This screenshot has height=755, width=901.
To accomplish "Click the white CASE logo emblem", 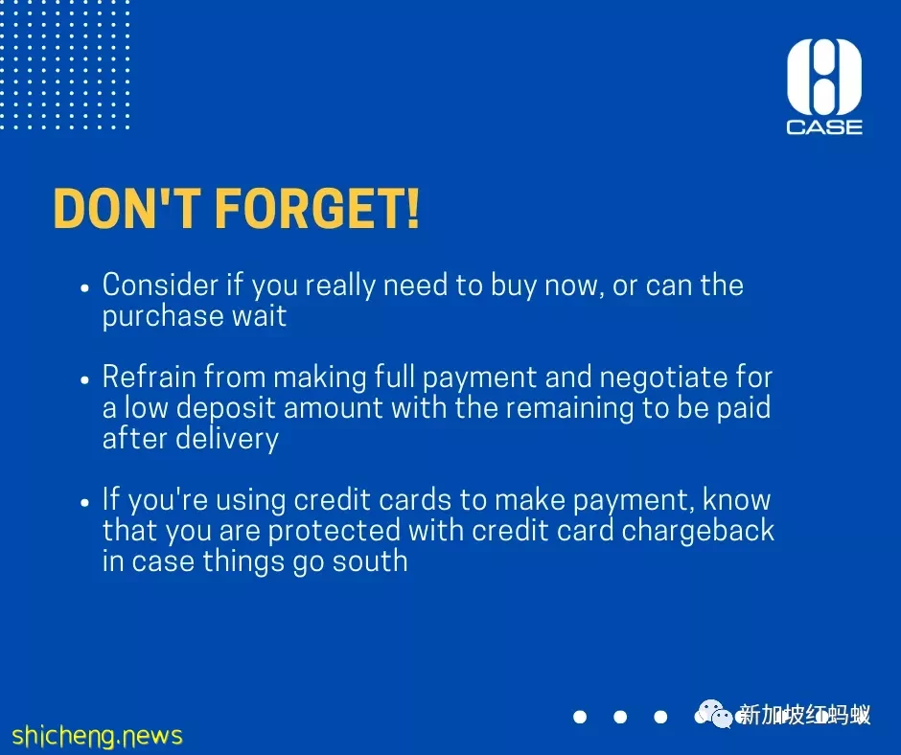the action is tap(824, 77).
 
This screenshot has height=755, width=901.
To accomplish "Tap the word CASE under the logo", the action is tap(824, 127).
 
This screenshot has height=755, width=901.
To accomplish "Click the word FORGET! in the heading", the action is tap(317, 209).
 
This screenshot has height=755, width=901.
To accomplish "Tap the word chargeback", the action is tap(698, 531).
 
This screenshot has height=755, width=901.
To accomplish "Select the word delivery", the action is tap(227, 439).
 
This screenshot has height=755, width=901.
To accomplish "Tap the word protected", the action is tap(334, 531).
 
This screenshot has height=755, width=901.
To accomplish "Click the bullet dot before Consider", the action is tap(85, 287).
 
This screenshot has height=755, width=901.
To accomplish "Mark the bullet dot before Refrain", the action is tap(85, 379).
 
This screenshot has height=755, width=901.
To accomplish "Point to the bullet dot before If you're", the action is tap(85, 502).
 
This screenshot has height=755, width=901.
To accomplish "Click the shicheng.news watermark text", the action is tap(97, 736).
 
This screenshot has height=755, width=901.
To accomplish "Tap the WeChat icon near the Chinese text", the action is tap(715, 714).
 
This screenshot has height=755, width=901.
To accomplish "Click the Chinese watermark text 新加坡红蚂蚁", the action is tap(804, 716).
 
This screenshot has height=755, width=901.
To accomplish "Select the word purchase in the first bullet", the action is tap(163, 317).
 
